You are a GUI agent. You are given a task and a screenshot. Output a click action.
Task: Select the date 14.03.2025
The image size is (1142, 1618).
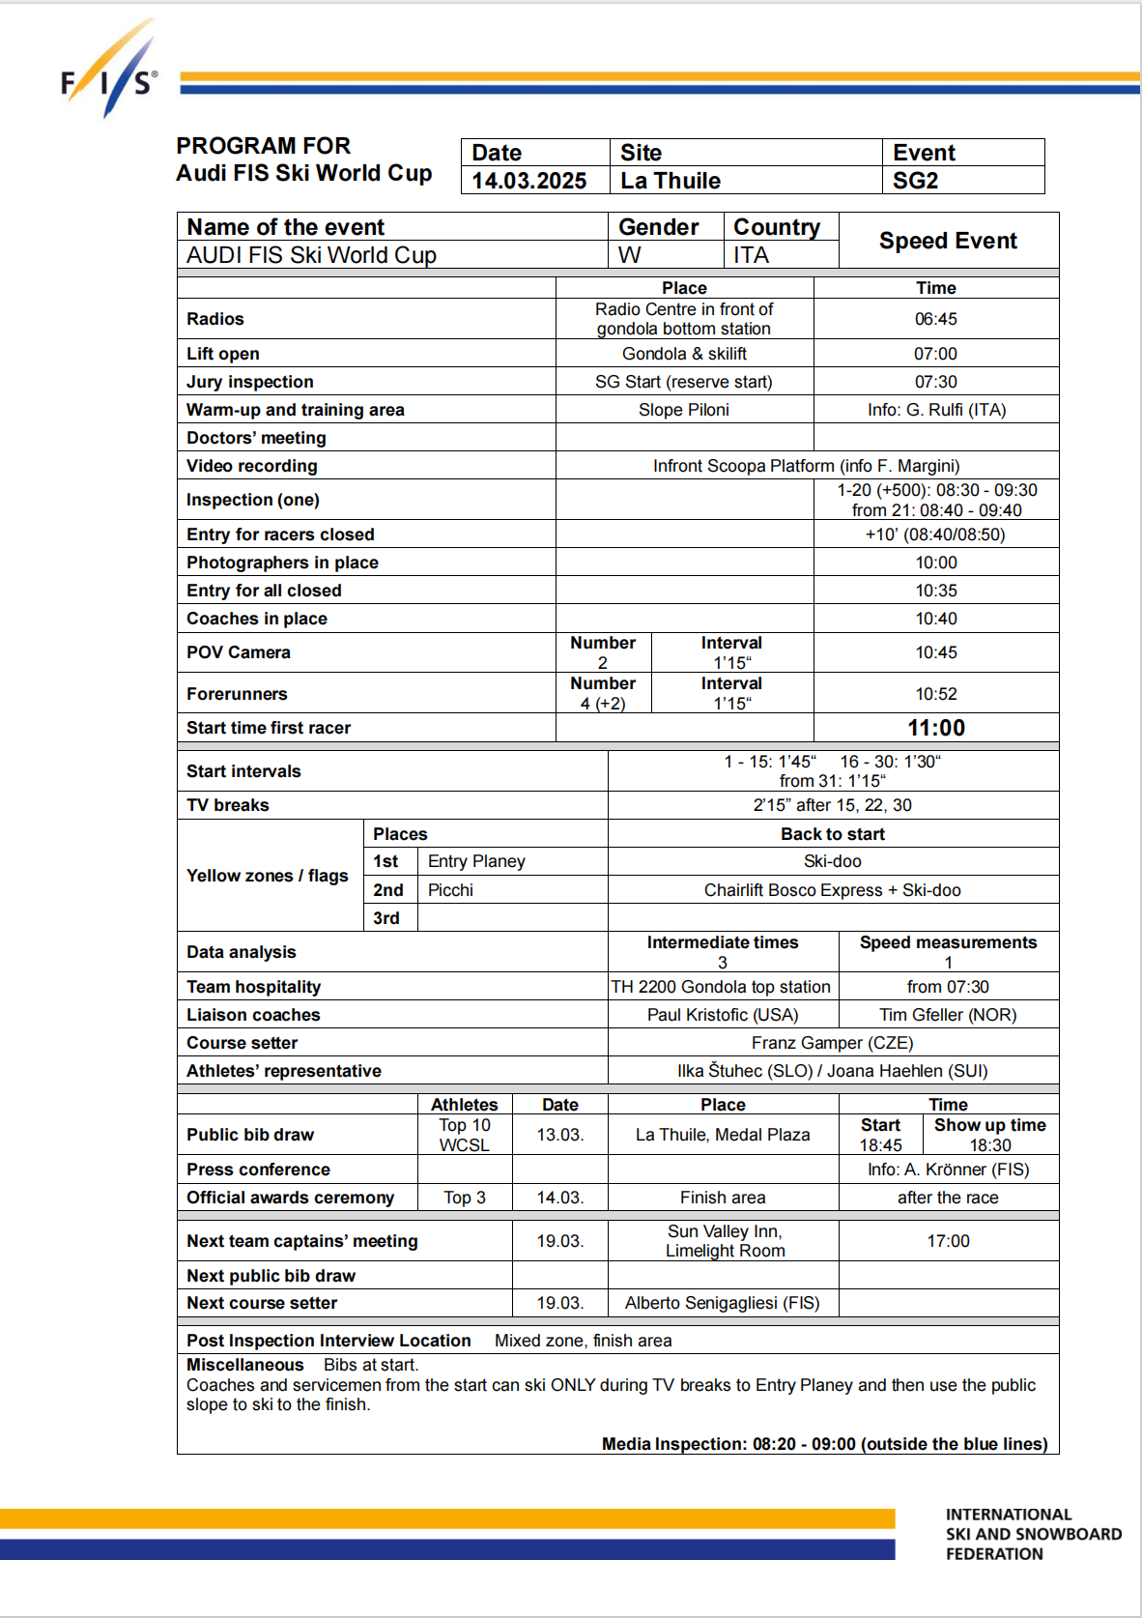coord(528,181)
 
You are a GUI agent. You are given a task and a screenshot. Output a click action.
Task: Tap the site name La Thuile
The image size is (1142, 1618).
coord(671,181)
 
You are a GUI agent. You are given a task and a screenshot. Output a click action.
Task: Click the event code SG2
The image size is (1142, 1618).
coord(915,181)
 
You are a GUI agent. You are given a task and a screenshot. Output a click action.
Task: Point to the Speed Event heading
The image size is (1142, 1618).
coord(948,241)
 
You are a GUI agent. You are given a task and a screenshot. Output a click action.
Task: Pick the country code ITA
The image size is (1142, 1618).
coord(751,255)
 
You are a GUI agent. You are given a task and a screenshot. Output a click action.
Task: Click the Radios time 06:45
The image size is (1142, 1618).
coord(935,319)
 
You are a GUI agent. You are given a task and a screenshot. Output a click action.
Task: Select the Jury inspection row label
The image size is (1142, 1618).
coord(249,382)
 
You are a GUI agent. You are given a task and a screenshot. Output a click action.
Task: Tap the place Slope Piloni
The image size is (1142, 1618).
coord(683,410)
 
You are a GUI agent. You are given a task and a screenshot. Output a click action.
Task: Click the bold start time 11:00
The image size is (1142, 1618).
coord(935,728)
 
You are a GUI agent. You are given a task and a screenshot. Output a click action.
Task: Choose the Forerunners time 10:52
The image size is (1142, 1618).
coord(935,694)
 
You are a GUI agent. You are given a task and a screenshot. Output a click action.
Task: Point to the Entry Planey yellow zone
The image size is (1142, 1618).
coord(476,861)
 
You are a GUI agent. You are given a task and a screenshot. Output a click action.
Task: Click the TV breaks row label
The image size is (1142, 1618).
coord(228,805)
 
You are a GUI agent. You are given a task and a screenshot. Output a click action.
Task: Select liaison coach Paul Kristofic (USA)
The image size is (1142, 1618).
coord(723,1015)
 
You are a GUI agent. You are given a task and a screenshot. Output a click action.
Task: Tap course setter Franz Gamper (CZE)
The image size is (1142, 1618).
coord(832,1043)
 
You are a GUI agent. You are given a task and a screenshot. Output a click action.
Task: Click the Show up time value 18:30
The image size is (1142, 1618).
coord(990,1145)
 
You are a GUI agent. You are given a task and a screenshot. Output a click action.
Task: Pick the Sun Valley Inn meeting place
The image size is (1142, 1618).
coord(725,1241)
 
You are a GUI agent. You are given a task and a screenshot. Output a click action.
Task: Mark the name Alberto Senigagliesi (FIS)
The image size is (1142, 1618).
coord(722,1303)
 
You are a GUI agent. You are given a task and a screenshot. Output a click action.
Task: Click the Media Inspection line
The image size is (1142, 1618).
coord(824,1444)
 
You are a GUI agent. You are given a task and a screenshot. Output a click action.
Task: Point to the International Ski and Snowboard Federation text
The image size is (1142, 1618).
coord(1033,1534)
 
